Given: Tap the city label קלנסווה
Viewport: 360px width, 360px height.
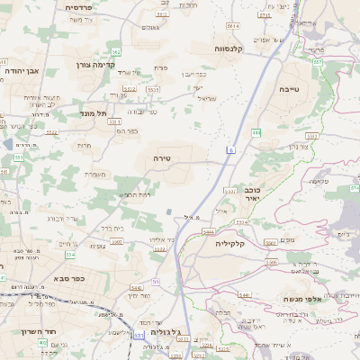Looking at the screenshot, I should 233,49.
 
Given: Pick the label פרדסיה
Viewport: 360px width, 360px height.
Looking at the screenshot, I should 85,6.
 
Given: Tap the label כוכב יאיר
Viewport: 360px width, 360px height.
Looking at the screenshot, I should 253,195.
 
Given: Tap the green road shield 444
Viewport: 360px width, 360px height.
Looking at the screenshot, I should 256,133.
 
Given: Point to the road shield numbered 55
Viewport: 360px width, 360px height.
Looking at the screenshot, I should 155,282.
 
